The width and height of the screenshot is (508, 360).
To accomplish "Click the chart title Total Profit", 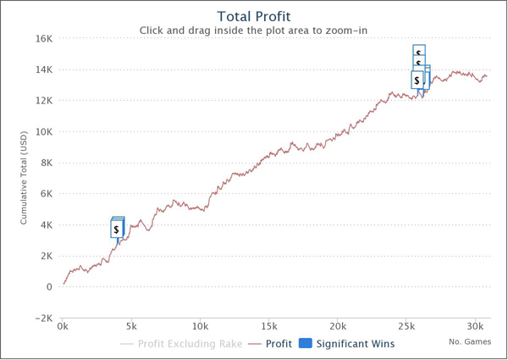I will pyautogui.click(x=253, y=16).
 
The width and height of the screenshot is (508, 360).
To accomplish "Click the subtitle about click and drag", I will pyautogui.click(x=253, y=31).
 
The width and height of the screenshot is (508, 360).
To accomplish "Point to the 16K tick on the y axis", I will pyautogui.click(x=43, y=38).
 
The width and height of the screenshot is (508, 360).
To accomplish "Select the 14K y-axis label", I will pyautogui.click(x=43, y=69).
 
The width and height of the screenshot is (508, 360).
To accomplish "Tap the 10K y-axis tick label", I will pyautogui.click(x=43, y=131).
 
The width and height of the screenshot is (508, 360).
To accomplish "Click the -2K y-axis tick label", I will pyautogui.click(x=42, y=318).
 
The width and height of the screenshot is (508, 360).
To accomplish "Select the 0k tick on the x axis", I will pyautogui.click(x=63, y=326).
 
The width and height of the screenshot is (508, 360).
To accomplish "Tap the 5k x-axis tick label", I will pyautogui.click(x=131, y=326).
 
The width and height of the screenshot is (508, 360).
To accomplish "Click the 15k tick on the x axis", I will pyautogui.click(x=268, y=326).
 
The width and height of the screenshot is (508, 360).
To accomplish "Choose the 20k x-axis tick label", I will pyautogui.click(x=338, y=326).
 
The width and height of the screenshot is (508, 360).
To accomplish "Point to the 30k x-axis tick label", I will pyautogui.click(x=475, y=326).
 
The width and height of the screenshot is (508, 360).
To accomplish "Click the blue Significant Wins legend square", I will pyautogui.click(x=306, y=343).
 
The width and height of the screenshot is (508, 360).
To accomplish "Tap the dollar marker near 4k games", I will pyautogui.click(x=117, y=229).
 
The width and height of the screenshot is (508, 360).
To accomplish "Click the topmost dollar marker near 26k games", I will pyautogui.click(x=418, y=52).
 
